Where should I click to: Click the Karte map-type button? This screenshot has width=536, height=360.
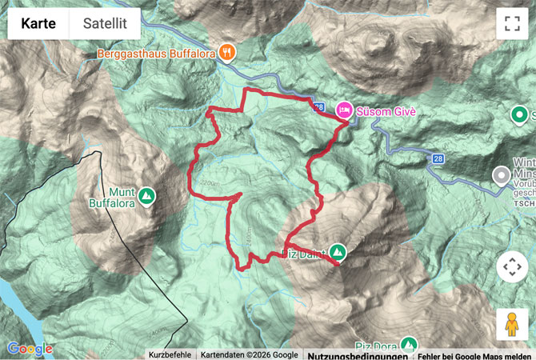pos(38,24)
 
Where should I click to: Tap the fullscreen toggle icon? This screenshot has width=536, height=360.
pos(512,24)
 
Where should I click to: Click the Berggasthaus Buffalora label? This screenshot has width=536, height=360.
pos(157,54)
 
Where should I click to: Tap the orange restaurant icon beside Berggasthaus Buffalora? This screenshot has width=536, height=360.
pos(228,52)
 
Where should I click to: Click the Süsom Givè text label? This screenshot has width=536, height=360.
pos(389,111)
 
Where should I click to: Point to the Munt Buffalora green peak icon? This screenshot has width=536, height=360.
pos(146,194)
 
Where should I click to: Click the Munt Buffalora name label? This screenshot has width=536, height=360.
pos(113,198)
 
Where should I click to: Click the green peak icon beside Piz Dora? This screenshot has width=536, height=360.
pos(409,345)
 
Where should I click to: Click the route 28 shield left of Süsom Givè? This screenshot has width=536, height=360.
pos(319,106)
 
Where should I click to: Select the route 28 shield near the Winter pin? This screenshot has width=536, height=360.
pos(438,159)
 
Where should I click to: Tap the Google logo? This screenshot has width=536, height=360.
pos(30,349)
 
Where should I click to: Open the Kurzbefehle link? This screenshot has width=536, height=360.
pos(169,354)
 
